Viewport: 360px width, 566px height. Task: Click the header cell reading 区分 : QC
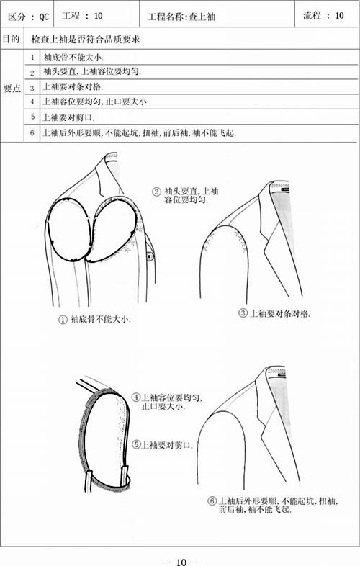tap(28, 17)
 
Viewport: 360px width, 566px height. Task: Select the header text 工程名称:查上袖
tap(181, 17)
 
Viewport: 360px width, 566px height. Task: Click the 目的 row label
tap(12, 39)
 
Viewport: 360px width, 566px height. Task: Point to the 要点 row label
tap(12, 89)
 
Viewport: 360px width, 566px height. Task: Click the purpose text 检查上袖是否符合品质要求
tap(86, 39)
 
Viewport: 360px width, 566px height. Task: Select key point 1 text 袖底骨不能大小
tap(73, 57)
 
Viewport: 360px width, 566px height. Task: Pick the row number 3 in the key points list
tap(32, 88)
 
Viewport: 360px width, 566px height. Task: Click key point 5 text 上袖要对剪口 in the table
tap(68, 117)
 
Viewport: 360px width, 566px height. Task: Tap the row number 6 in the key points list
tap(32, 132)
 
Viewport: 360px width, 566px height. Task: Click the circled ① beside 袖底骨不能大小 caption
tap(63, 320)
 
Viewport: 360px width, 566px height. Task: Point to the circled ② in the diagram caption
tap(156, 192)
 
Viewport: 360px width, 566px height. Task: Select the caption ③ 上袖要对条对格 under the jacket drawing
tap(274, 313)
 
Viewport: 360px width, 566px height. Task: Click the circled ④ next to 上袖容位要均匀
tap(136, 397)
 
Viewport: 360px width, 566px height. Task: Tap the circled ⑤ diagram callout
tap(136, 444)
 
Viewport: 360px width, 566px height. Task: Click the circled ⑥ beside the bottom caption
tap(212, 501)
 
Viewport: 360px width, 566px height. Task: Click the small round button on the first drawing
tap(149, 256)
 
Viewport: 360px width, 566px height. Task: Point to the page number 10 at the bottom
tap(181, 562)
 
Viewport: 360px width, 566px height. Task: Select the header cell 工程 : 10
tap(82, 16)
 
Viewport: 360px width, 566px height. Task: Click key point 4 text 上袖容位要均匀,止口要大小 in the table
tap(96, 102)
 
